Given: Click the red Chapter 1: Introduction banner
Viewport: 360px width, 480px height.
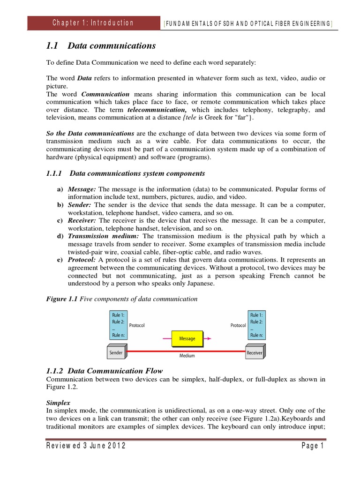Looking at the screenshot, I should [x=93, y=23].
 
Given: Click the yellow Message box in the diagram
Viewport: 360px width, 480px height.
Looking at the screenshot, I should [x=187, y=338].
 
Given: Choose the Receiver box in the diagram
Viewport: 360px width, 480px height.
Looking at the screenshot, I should [x=254, y=352].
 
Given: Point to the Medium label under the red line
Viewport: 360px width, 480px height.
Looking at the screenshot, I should [x=187, y=356].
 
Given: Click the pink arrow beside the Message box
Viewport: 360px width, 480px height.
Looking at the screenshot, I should [x=207, y=338].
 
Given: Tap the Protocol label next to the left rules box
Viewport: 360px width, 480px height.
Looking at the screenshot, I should [x=137, y=324].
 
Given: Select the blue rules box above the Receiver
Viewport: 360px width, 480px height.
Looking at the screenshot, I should [x=256, y=325].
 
